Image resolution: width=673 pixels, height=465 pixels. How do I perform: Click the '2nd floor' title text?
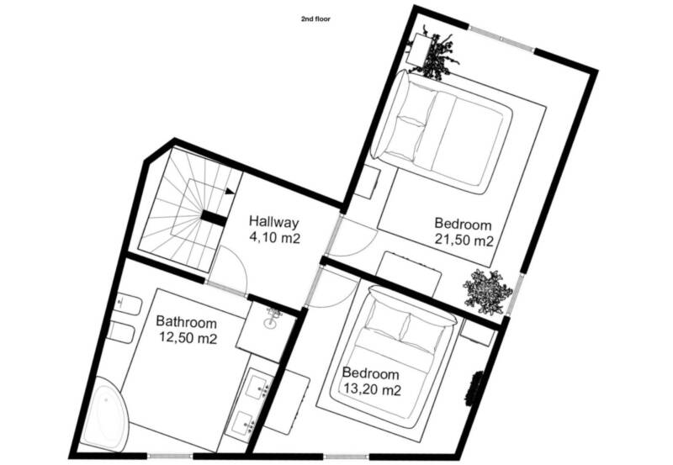pyautogui.click(x=315, y=18)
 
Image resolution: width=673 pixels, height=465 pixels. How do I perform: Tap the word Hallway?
pyautogui.click(x=273, y=222)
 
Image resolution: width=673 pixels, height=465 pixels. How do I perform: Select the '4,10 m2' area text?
pyautogui.click(x=275, y=238)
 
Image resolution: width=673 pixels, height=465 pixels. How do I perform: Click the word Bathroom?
pyautogui.click(x=186, y=322)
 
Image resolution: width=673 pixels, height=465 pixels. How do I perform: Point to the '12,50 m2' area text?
pyautogui.click(x=188, y=338)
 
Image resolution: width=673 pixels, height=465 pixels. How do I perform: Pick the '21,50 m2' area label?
pyautogui.click(x=464, y=240)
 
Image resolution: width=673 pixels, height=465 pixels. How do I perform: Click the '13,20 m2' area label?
pyautogui.click(x=372, y=390)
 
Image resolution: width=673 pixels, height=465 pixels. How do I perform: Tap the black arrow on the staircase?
pyautogui.click(x=230, y=191)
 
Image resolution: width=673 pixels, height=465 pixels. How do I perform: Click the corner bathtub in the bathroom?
pyautogui.click(x=105, y=414)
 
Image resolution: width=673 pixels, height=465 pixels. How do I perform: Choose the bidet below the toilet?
pyautogui.click(x=122, y=332)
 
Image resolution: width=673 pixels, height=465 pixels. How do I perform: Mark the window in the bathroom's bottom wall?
pyautogui.click(x=171, y=456)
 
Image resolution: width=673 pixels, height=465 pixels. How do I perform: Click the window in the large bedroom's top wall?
pyautogui.click(x=501, y=40)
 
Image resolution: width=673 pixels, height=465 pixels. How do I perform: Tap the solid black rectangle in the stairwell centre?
pyautogui.click(x=214, y=219)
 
